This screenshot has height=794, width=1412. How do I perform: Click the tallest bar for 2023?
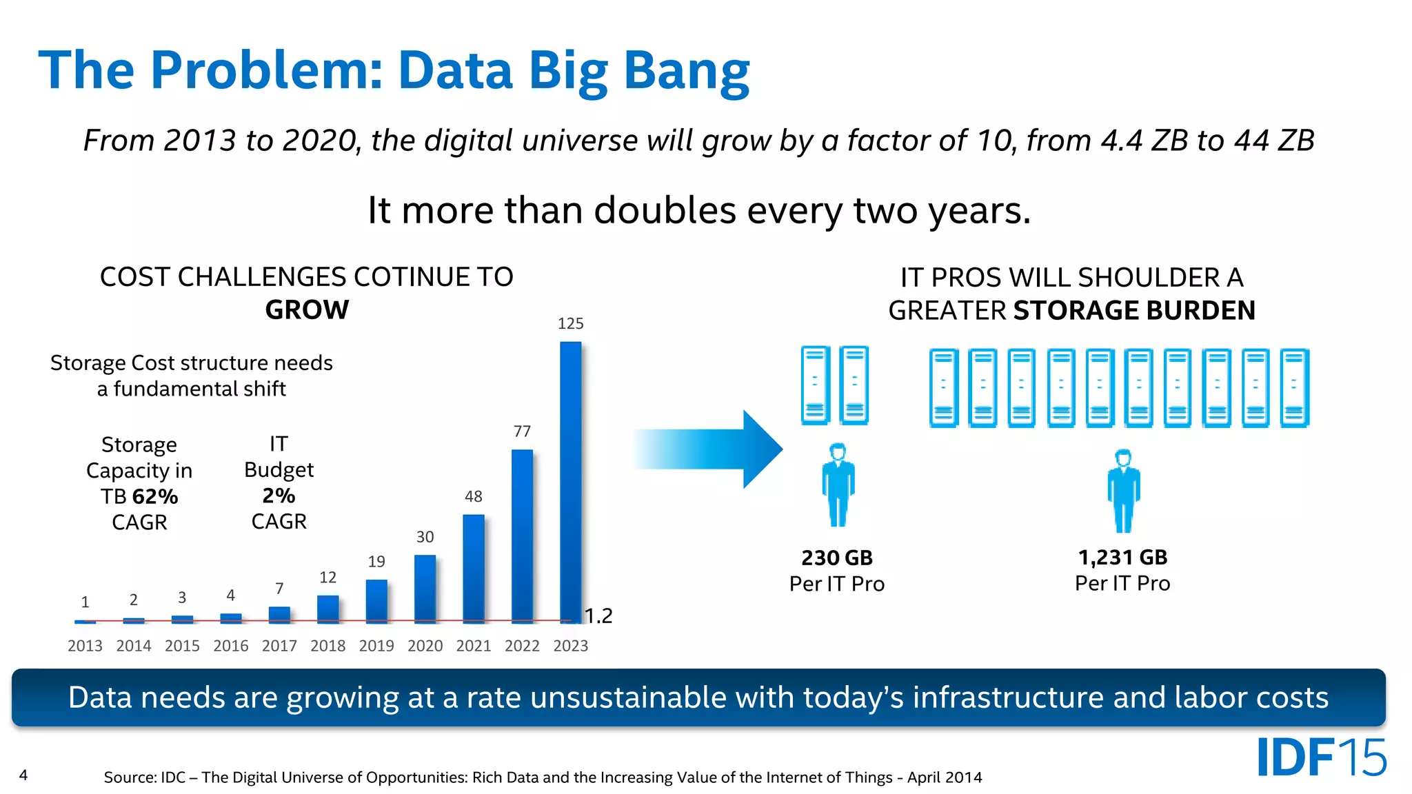[570, 482]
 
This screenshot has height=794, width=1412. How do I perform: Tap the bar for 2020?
[425, 589]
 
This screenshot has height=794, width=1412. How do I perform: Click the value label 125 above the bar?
[570, 323]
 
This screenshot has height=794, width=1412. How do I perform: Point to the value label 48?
[474, 496]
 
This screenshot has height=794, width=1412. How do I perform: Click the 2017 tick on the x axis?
[279, 646]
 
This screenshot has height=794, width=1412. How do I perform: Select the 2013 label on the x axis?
[85, 646]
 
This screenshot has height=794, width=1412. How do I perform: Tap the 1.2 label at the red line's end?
[598, 615]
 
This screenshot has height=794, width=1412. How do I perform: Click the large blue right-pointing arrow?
[710, 449]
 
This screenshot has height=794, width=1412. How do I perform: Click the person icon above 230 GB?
[838, 485]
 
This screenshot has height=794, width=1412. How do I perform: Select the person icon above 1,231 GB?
[1124, 490]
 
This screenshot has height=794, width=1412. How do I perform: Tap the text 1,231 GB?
[1122, 557]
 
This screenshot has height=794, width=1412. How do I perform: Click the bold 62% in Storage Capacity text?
[155, 496]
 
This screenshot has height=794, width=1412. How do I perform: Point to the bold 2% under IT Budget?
[279, 496]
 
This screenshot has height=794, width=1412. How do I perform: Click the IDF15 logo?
[1321, 757]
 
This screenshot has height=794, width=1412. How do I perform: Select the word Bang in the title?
[686, 71]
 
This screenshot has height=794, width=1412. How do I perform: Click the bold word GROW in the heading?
[307, 310]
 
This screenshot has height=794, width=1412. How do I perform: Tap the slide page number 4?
[23, 775]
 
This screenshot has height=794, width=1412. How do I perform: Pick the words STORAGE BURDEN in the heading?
[1134, 311]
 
